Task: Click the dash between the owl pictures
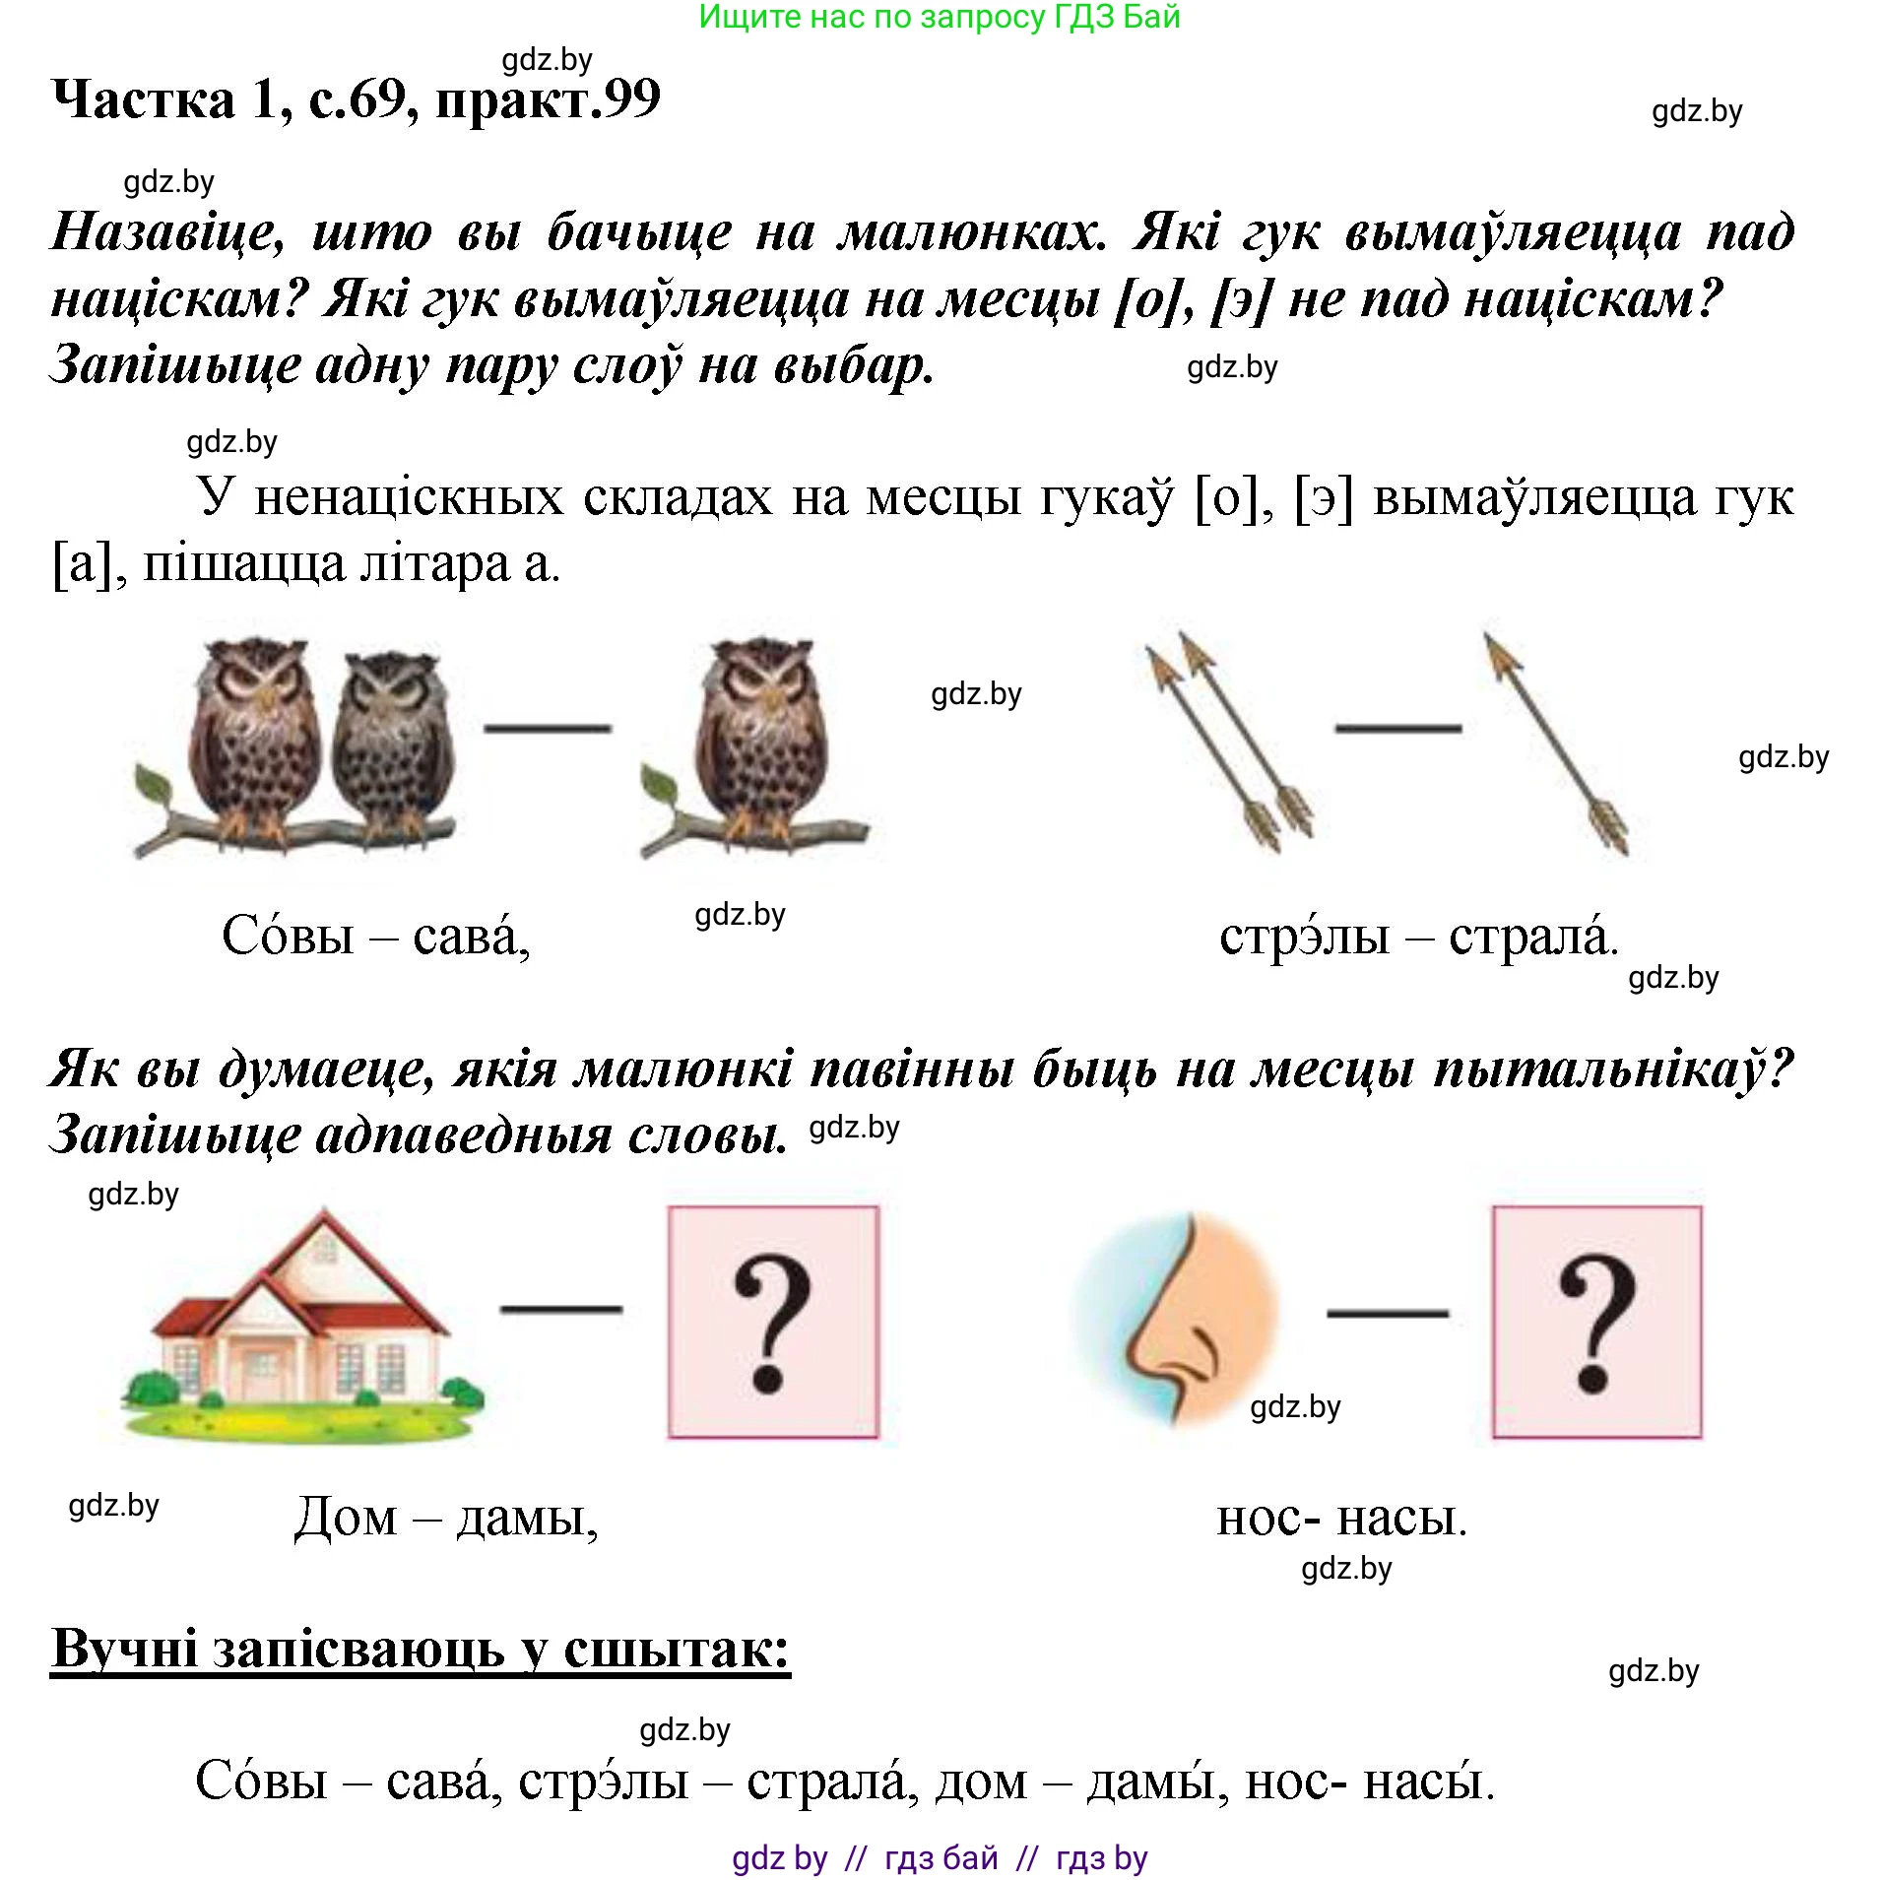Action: (548, 729)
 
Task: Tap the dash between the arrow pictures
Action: (1397, 729)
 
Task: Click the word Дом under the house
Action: (346, 1518)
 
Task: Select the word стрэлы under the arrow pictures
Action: (1304, 936)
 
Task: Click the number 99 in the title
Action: (631, 98)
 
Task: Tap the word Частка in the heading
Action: (144, 98)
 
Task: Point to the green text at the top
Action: (939, 17)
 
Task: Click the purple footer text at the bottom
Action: (940, 1857)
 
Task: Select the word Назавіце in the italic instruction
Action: (167, 232)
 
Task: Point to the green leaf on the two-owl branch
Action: (153, 785)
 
